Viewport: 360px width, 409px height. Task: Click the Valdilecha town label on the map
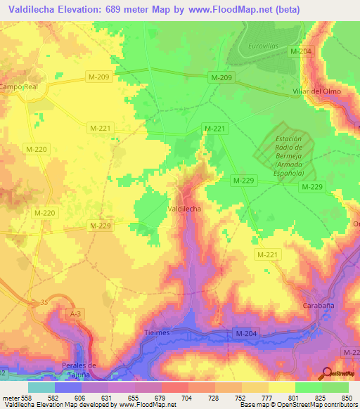pyautogui.click(x=186, y=209)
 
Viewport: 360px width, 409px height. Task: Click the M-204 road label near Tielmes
pyautogui.click(x=245, y=333)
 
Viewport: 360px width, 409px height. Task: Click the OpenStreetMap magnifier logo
pyautogui.click(x=328, y=374)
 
